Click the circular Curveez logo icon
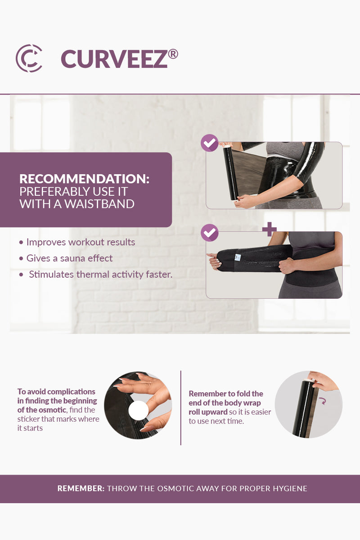click(29, 58)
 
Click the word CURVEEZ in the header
click(114, 59)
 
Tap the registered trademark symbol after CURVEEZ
click(173, 54)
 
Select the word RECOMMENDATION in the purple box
click(84, 179)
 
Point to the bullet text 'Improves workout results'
click(81, 242)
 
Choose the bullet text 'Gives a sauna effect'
click(69, 258)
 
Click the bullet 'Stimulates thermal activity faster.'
click(100, 274)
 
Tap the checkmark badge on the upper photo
click(209, 143)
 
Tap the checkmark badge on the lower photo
click(209, 233)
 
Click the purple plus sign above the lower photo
click(269, 229)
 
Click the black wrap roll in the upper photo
click(231, 174)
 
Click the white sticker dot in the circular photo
click(138, 410)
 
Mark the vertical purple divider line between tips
click(180, 408)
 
